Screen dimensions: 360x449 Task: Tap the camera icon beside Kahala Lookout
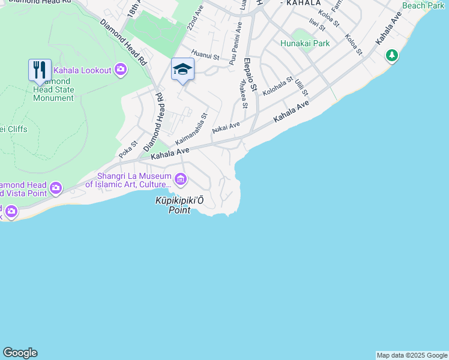click(121, 70)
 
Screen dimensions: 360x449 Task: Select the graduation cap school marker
click(182, 70)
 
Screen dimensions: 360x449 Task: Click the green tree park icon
click(392, 56)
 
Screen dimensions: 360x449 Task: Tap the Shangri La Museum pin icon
click(180, 179)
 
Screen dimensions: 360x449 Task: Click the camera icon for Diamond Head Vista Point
click(56, 188)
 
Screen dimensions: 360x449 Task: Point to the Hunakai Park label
click(305, 43)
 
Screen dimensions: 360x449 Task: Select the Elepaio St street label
click(250, 74)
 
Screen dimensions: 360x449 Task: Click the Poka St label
click(128, 149)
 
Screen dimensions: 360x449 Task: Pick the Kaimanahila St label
click(191, 128)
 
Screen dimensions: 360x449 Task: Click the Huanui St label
click(205, 58)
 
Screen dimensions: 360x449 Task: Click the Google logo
click(20, 353)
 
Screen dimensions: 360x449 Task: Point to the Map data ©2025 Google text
click(412, 355)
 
